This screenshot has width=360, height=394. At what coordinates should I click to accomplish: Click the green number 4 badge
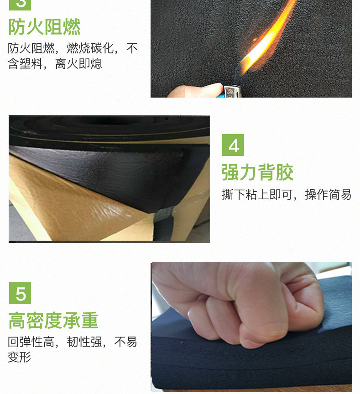click(233, 145)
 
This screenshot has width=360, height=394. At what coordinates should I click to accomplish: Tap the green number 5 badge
click(20, 293)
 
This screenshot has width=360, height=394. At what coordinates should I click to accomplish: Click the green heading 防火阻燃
click(44, 27)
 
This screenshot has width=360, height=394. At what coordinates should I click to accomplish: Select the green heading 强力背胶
click(257, 172)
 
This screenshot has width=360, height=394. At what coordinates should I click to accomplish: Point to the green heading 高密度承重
click(53, 321)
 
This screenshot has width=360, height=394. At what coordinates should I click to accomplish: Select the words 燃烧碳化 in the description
click(90, 48)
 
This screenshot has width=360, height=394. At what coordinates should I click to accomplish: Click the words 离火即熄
click(78, 64)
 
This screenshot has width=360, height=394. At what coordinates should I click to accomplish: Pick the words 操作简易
click(328, 195)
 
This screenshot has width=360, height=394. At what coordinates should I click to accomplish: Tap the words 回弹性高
click(31, 342)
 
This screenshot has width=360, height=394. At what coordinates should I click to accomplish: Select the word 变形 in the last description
click(19, 357)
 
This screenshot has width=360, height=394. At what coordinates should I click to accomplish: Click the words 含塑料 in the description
click(25, 64)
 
